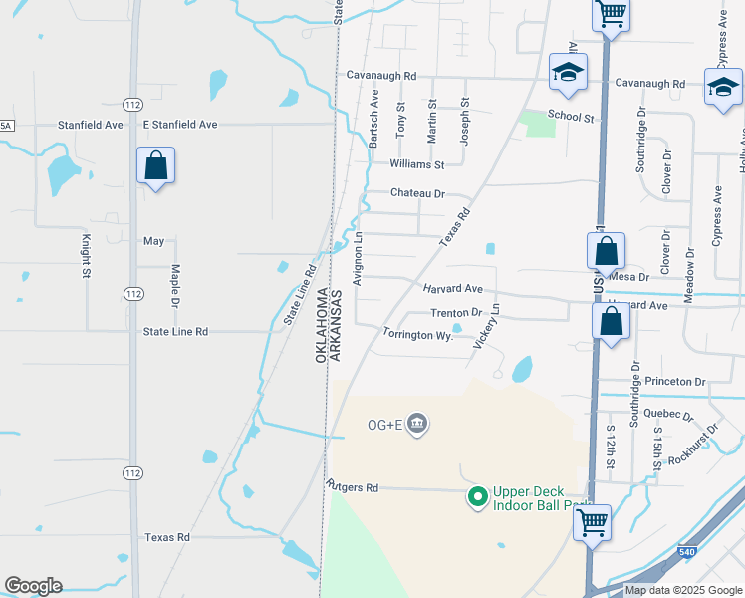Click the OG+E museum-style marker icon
pyautogui.click(x=417, y=425)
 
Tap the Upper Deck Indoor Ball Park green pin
pyautogui.click(x=477, y=494)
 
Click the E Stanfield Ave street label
pyautogui.click(x=179, y=125)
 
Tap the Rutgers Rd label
pyautogui.click(x=353, y=488)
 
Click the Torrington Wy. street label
pyautogui.click(x=418, y=336)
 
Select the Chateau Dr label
pyautogui.click(x=417, y=193)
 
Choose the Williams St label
pyautogui.click(x=416, y=164)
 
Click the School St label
pyautogui.click(x=571, y=117)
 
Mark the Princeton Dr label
pyautogui.click(x=674, y=382)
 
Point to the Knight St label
pyautogui.click(x=87, y=255)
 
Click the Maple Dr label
pyautogui.click(x=174, y=285)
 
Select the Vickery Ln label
pyautogui.click(x=486, y=326)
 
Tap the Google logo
pyautogui.click(x=33, y=586)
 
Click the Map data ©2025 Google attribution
pyautogui.click(x=683, y=591)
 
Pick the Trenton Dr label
pyautogui.click(x=456, y=313)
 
